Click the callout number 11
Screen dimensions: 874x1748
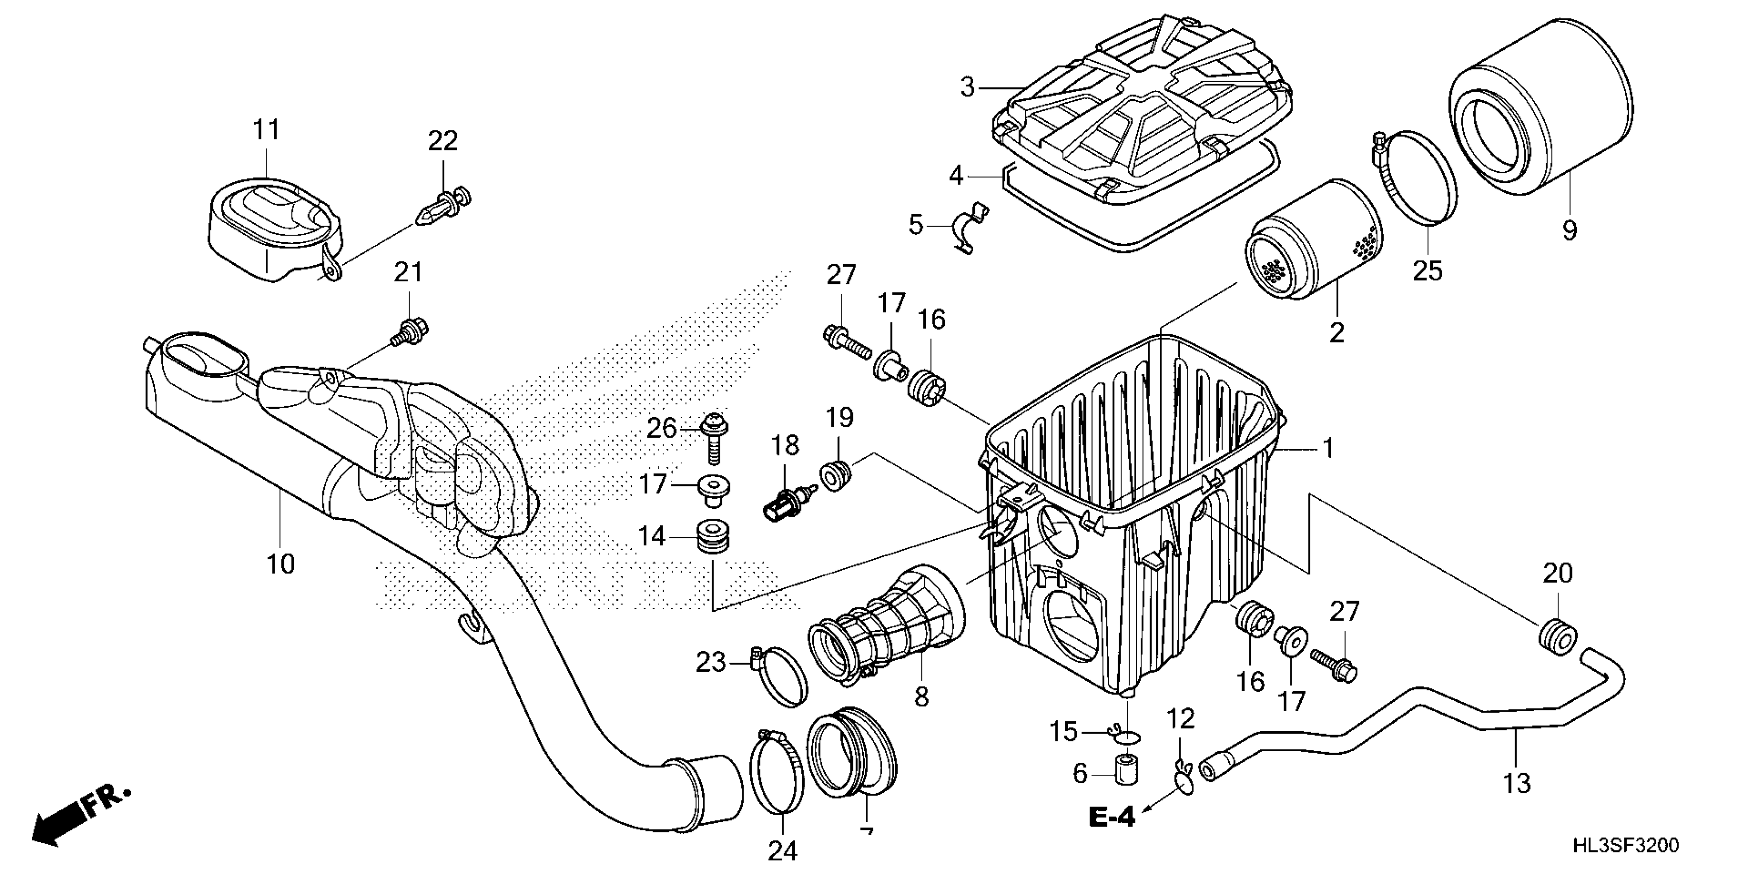266,129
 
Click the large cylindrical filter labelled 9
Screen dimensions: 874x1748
1540,108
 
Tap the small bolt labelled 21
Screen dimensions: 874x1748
411,333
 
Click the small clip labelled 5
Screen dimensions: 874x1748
970,227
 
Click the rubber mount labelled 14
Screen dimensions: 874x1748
713,536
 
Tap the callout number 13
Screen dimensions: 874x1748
1517,784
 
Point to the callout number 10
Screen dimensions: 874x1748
280,563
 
